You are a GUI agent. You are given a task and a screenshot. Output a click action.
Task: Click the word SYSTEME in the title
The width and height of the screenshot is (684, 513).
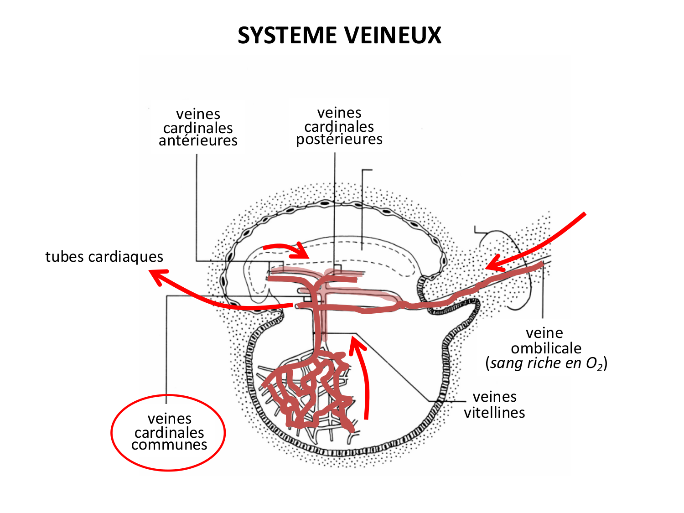(287, 36)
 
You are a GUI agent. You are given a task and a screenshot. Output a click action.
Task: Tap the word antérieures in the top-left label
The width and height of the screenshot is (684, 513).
(198, 140)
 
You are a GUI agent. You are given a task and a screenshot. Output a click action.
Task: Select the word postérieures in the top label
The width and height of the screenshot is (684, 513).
(339, 139)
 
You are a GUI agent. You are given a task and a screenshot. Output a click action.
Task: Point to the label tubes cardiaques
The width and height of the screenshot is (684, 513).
(104, 257)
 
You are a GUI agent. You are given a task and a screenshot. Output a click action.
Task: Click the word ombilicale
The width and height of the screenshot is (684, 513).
(546, 348)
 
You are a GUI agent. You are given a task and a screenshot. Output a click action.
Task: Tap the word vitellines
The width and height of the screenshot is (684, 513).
(494, 413)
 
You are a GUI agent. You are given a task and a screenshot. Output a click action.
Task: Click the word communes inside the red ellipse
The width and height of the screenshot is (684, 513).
(169, 445)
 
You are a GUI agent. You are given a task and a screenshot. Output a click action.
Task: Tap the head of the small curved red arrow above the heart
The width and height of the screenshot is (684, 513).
(303, 251)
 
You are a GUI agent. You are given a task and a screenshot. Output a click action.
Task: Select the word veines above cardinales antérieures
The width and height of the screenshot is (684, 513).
(198, 114)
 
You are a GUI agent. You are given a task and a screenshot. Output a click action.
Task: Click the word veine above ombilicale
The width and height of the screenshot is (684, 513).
(544, 333)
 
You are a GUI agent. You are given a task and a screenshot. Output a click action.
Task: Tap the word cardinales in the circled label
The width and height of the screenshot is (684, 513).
(169, 432)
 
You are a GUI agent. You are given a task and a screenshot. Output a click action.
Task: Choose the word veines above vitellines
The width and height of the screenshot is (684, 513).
(494, 397)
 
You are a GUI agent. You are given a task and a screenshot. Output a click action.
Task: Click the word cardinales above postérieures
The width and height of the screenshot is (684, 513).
(339, 126)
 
